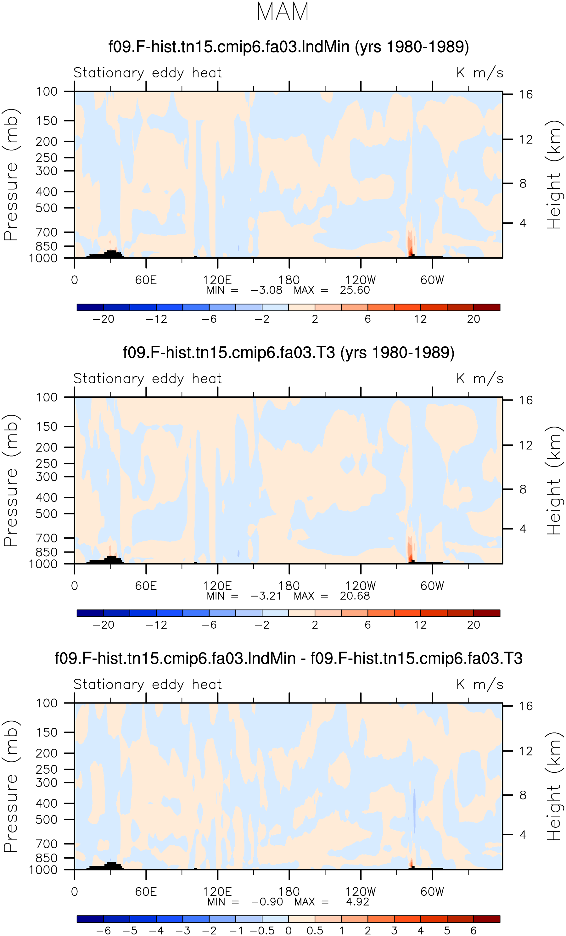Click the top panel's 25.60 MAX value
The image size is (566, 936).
click(x=355, y=290)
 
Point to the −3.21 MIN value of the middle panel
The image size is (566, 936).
click(x=266, y=596)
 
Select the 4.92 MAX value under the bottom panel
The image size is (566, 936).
click(x=357, y=901)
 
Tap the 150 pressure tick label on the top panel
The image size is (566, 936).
click(x=47, y=121)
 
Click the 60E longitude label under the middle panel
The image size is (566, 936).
click(x=146, y=586)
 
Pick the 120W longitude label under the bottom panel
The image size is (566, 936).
click(x=361, y=892)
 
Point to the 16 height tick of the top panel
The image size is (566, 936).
click(x=526, y=94)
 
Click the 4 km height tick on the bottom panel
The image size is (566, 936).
click(x=523, y=835)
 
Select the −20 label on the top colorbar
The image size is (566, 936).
click(x=103, y=319)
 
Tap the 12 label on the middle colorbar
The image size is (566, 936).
click(x=421, y=625)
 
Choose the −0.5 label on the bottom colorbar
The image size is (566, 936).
click(x=262, y=931)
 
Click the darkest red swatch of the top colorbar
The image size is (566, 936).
click(x=487, y=307)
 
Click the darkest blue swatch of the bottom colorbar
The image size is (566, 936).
click(x=90, y=919)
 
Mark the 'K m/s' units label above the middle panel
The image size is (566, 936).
click(x=480, y=379)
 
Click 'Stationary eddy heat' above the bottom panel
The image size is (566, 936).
click(x=147, y=685)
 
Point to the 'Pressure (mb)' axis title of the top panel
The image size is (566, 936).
click(x=11, y=175)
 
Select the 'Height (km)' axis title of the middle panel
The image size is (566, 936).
click(x=554, y=480)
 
